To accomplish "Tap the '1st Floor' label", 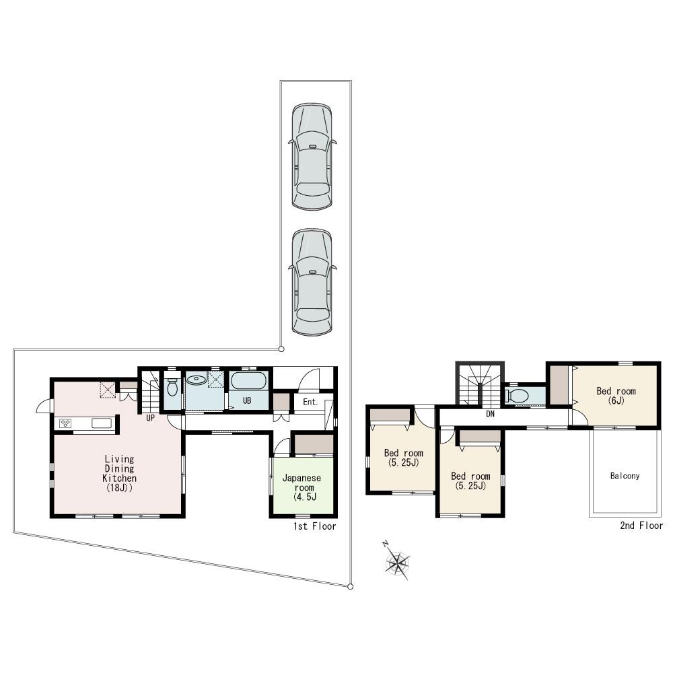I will click(x=314, y=526).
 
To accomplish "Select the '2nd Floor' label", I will click(x=641, y=526).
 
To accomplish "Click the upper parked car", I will click(x=312, y=156).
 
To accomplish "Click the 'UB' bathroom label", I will click(x=247, y=400).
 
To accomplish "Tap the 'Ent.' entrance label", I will click(x=310, y=402).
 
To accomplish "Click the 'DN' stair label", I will click(x=490, y=415).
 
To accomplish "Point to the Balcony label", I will click(x=625, y=476).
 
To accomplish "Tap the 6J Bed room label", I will click(x=615, y=396).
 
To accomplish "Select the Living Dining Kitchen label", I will click(x=119, y=474).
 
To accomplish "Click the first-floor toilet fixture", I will click(x=172, y=388).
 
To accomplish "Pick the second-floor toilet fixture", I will click(x=518, y=395).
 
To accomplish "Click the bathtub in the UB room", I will click(x=249, y=381).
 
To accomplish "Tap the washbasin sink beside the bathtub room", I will click(x=197, y=380).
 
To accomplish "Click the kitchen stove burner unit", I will click(x=66, y=423).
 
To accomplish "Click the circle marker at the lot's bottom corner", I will click(x=350, y=587).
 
